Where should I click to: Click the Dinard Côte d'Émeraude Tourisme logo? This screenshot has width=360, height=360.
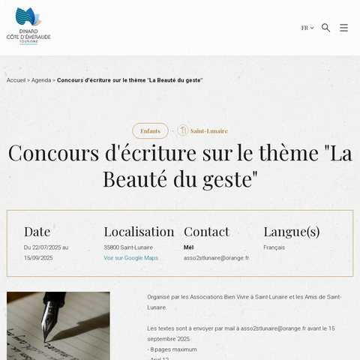point(28,26)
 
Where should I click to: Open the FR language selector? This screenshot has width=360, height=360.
point(307,28)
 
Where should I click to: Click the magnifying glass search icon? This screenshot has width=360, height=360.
point(326,28)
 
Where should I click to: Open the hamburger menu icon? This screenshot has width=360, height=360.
point(343,28)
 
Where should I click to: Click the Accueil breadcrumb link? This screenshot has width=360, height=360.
point(16,80)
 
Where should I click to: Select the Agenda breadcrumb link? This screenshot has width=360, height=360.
point(41,80)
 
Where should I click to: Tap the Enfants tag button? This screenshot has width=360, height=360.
point(150,130)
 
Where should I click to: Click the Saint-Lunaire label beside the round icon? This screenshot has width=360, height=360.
point(209,130)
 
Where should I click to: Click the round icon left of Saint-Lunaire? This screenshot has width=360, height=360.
point(183,130)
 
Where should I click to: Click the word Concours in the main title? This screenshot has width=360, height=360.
point(57,153)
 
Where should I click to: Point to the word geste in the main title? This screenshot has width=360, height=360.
point(224,179)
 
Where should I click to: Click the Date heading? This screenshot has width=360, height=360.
point(37,231)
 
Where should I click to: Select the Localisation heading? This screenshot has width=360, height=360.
point(139,231)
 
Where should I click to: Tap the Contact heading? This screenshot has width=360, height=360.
point(206,231)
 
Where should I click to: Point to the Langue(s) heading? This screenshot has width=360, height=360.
point(292,231)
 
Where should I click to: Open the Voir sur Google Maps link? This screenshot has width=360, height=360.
point(131,258)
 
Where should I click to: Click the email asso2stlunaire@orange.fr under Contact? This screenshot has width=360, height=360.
point(216,258)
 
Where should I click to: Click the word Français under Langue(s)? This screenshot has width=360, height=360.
point(274,247)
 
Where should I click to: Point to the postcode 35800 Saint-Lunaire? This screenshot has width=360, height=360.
point(128,247)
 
